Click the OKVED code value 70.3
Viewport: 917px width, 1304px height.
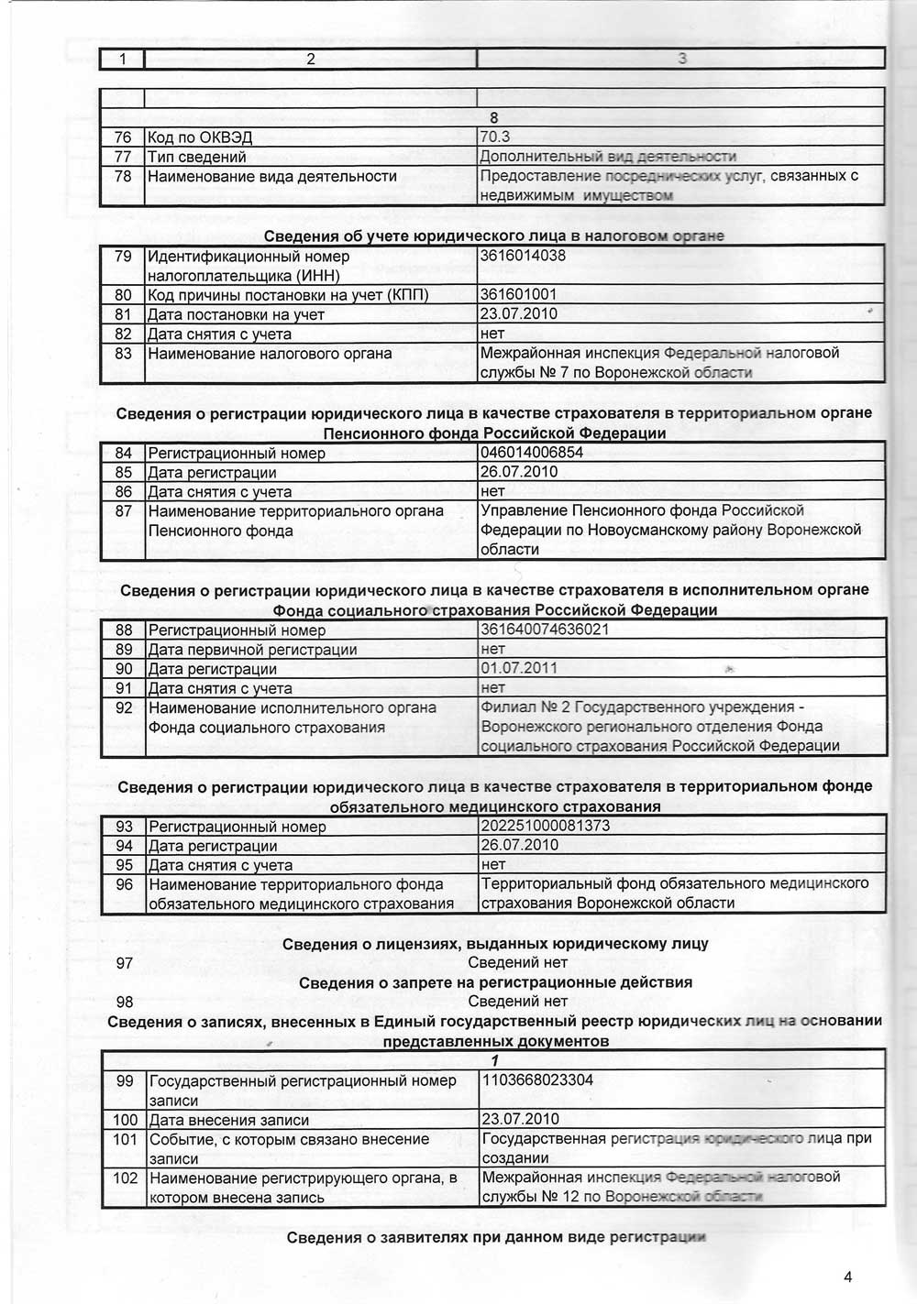click(x=495, y=137)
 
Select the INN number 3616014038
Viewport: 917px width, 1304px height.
click(x=523, y=256)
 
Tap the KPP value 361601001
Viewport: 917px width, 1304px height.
click(x=518, y=295)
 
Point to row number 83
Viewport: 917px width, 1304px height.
click(x=123, y=354)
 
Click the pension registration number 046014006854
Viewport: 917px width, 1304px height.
click(x=532, y=453)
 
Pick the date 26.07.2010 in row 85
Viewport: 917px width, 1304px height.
click(x=519, y=472)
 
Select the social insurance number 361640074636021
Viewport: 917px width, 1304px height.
click(x=545, y=630)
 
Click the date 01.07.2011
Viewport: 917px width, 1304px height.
click(x=519, y=668)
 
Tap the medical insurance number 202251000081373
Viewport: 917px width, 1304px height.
click(x=545, y=826)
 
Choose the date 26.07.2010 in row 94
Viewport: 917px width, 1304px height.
click(x=520, y=845)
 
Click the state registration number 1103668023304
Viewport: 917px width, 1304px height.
click(x=537, y=1079)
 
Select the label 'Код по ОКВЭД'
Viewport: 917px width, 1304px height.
click(x=200, y=138)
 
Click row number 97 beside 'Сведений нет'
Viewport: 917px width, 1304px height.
click(x=125, y=963)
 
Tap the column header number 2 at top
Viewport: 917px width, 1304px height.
click(x=311, y=60)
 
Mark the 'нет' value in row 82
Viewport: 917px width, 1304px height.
click(x=492, y=334)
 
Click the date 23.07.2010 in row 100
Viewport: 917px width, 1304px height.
click(x=520, y=1119)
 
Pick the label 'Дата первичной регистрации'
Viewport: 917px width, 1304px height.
click(x=252, y=650)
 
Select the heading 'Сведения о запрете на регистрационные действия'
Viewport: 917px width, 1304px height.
click(x=495, y=982)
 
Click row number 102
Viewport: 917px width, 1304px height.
click(x=125, y=1178)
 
